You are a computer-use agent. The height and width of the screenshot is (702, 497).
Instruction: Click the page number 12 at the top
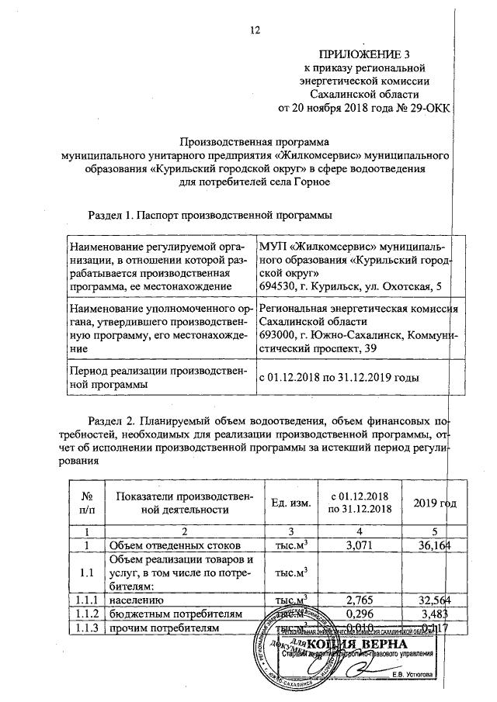pyautogui.click(x=253, y=30)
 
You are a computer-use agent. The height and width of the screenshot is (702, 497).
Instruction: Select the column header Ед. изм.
pyautogui.click(x=290, y=503)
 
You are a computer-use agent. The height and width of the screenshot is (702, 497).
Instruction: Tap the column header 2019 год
pyautogui.click(x=434, y=503)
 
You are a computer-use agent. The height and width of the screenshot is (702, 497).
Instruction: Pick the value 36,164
pyautogui.click(x=435, y=546)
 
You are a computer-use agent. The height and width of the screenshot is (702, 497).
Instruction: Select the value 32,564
pyautogui.click(x=435, y=600)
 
